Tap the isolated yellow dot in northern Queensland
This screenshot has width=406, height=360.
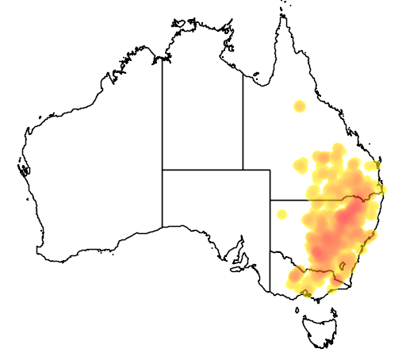tap(299, 106)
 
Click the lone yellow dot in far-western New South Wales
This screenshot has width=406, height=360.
tap(282, 214)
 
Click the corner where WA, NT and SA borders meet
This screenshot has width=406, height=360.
tap(163, 170)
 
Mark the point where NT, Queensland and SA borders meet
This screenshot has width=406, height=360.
tap(243, 170)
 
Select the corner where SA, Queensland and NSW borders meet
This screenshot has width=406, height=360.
tap(270, 200)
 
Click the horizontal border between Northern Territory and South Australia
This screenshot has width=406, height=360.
tap(202, 170)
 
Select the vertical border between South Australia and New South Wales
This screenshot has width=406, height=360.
tap(270, 238)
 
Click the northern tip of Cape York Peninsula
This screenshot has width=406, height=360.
tap(282, 16)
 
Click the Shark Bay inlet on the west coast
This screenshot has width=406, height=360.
tap(25, 169)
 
